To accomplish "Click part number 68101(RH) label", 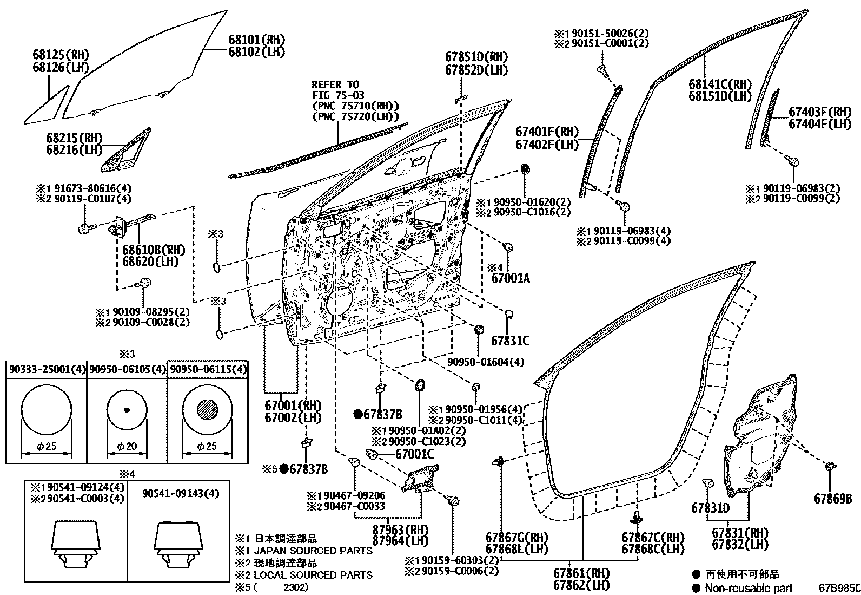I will pos(256,40).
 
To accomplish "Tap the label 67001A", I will pos(511,279).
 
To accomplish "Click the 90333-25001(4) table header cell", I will pos(47,370).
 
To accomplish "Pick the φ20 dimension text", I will pos(127,447).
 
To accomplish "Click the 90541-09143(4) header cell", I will pos(181,493).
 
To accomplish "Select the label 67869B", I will pos(833,499).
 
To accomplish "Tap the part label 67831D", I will pos(710,508).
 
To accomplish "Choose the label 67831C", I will pos(510,341).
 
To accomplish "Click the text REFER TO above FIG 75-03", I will pos(335,85).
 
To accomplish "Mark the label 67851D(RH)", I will pos(476,57).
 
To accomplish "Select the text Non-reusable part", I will pos(749,588).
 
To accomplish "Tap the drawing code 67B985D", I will pos(839,588).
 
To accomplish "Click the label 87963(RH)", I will pos(400,529).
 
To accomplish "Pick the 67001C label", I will pos(415,455).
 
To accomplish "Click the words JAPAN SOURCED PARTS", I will pos(313,551).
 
